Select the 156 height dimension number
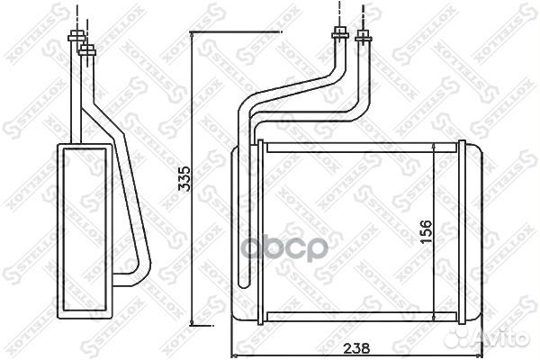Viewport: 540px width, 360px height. point(427,231)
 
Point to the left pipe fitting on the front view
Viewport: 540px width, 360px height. point(341,36)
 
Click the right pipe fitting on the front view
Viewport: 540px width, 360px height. point(364,36)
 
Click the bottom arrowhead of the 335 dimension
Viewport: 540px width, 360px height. point(193,324)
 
